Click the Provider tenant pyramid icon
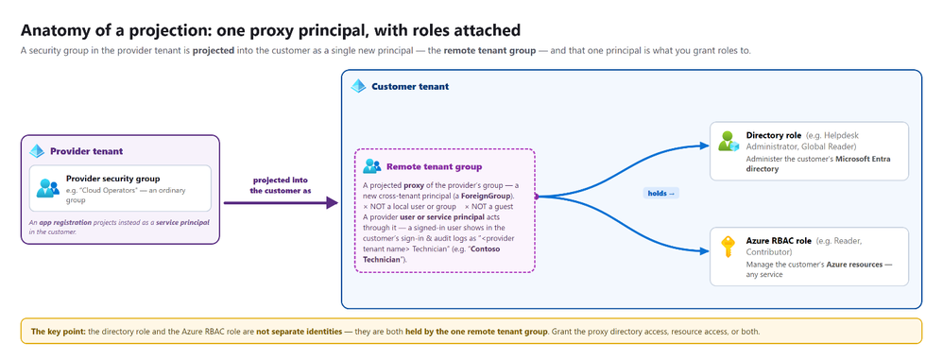37,151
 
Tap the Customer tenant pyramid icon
358,86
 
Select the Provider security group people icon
47,188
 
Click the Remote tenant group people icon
371,166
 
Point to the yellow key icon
729,247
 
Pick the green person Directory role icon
729,141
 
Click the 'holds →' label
660,193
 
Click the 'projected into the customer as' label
282,185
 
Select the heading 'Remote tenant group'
434,166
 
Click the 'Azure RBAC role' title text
779,241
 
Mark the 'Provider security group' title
113,179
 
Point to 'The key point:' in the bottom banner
59,331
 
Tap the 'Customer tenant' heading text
410,86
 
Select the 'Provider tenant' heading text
87,151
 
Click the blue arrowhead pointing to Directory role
705,146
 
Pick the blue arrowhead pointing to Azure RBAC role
705,251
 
